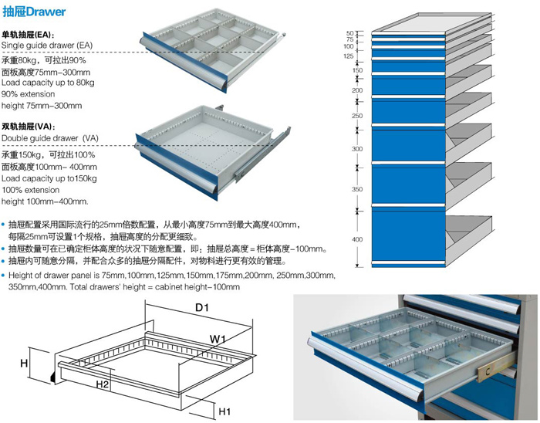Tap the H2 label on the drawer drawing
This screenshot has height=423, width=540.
[x=102, y=384]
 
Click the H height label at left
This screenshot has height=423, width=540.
[x=24, y=361]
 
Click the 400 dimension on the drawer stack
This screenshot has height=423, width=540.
[x=357, y=239]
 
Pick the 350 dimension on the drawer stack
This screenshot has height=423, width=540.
[x=357, y=188]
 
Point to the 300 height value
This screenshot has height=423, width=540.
[x=357, y=149]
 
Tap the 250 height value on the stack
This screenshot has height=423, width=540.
[x=357, y=116]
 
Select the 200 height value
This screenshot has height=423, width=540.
[x=357, y=90]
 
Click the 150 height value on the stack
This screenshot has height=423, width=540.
[x=357, y=71]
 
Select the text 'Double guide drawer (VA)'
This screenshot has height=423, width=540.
[x=51, y=137]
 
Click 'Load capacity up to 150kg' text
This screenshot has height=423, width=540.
[x=49, y=178]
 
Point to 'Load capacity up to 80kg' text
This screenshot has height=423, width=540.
[x=48, y=82]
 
